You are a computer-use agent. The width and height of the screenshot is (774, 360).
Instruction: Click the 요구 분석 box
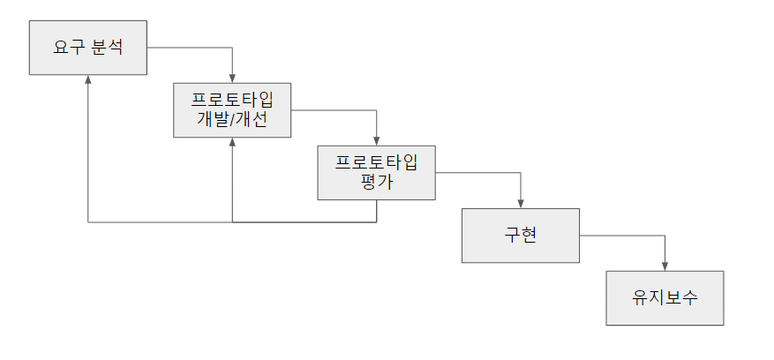[87, 47]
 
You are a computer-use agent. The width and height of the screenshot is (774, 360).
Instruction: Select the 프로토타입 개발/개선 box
[232, 110]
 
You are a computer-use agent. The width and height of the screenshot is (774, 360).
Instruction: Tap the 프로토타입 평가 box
[377, 173]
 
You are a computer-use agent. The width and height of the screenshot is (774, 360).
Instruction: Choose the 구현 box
[521, 236]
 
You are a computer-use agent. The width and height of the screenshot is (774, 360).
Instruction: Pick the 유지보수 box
[665, 298]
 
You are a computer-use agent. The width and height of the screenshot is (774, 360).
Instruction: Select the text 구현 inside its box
[521, 236]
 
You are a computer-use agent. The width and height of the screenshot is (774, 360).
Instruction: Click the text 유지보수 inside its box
[665, 298]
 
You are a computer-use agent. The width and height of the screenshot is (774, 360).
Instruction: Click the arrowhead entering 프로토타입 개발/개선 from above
[232, 79]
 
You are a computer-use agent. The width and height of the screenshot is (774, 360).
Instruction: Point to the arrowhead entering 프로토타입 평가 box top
[377, 141]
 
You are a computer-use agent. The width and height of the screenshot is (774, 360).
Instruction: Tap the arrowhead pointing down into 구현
[521, 204]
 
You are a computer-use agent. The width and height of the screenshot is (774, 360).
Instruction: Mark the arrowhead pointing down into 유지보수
[665, 266]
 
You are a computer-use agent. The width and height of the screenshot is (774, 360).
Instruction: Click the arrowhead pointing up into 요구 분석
[88, 79]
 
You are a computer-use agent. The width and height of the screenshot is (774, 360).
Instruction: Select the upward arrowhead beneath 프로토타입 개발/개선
[232, 142]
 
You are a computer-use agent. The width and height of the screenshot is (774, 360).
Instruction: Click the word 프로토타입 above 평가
[377, 163]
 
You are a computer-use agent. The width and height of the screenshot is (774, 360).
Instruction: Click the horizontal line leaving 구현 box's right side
[622, 236]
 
